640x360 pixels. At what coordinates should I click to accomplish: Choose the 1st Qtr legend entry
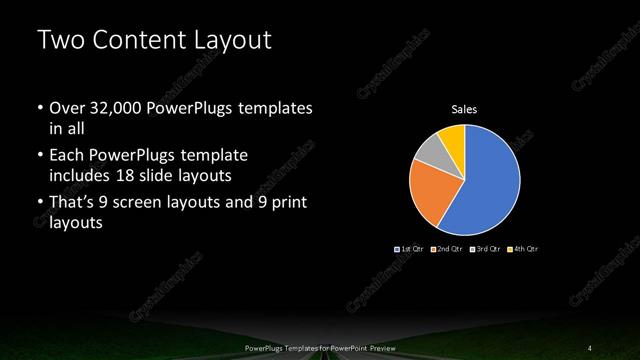pyautogui.click(x=411, y=248)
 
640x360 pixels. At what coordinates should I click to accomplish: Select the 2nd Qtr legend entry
pyautogui.click(x=447, y=248)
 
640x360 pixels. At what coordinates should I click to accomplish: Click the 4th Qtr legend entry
pyautogui.click(x=523, y=248)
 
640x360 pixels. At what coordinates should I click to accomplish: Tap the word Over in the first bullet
pyautogui.click(x=67, y=108)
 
